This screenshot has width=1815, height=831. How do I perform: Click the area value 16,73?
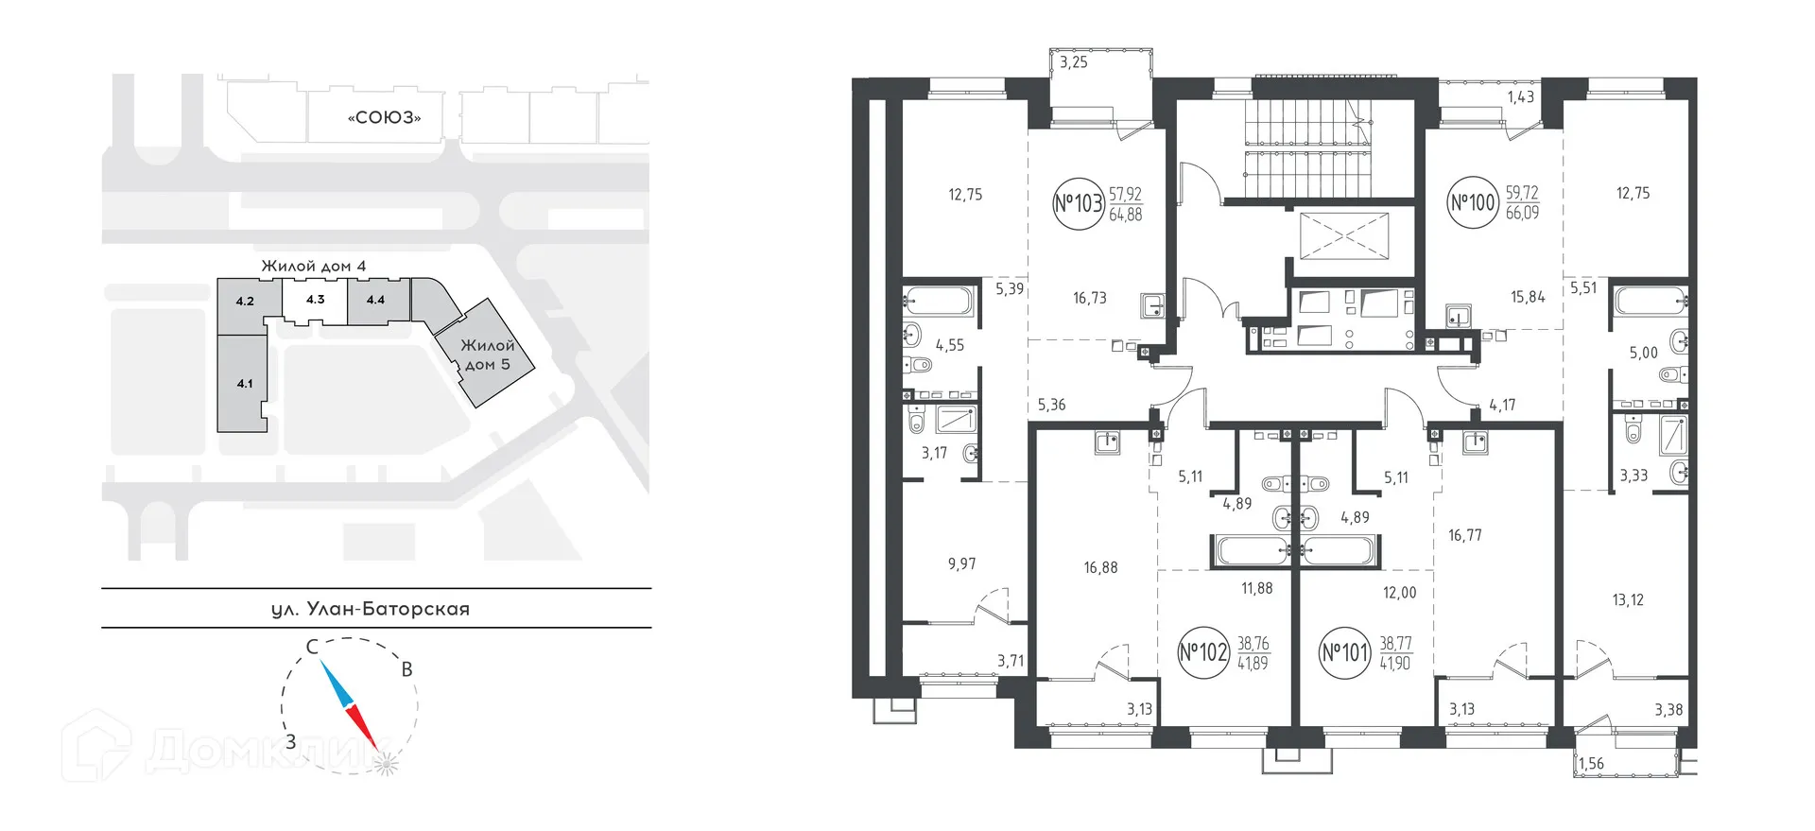(1090, 298)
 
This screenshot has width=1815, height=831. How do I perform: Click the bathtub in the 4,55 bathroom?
(938, 303)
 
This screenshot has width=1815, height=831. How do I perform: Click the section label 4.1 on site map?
(245, 384)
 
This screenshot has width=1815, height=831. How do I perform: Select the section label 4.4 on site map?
(375, 301)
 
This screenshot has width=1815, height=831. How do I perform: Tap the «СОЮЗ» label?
(384, 119)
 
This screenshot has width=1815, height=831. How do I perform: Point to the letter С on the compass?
(310, 648)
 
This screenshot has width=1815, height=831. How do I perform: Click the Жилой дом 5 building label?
(488, 355)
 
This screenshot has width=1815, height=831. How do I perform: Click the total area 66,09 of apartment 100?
(1522, 214)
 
